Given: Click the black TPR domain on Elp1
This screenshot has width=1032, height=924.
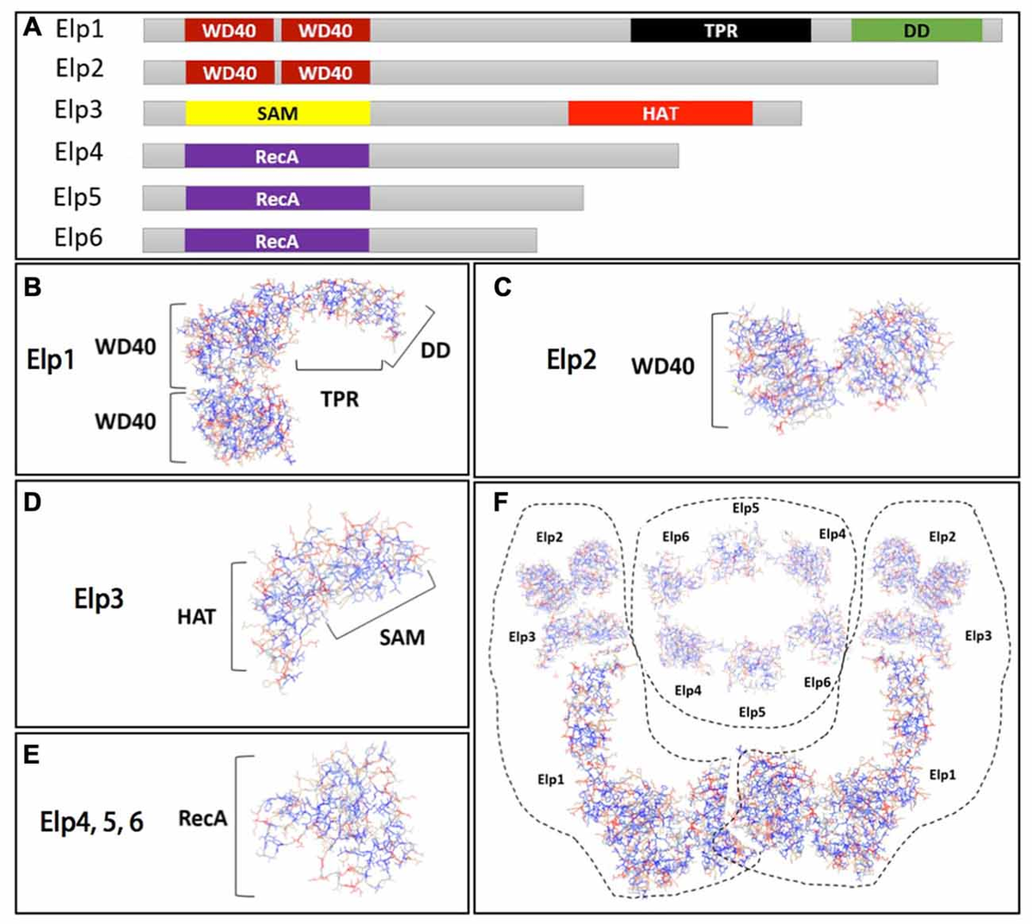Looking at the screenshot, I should tap(720, 30).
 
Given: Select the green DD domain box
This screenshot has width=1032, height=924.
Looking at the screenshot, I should tap(916, 30).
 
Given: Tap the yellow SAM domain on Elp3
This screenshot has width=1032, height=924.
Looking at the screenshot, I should tap(277, 113).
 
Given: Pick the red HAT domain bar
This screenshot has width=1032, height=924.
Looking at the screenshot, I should tap(660, 113).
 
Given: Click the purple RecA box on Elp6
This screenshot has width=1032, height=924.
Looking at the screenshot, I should tap(277, 241).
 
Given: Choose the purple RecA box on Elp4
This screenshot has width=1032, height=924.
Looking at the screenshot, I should tap(277, 156).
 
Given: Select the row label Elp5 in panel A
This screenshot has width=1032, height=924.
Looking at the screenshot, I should tap(77, 197).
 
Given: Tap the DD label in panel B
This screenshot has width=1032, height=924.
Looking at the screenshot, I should tap(435, 350).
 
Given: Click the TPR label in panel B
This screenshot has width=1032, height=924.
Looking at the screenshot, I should tap(340, 399).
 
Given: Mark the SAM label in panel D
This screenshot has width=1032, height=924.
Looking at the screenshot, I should tap(402, 638).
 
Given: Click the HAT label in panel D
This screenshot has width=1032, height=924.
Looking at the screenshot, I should tap(196, 616).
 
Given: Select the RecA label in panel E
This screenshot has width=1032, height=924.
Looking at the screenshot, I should tap(202, 818).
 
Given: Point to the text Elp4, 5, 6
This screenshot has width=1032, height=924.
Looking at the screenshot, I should tap(92, 822).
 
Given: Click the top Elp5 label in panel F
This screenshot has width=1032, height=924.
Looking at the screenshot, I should tap(745, 508).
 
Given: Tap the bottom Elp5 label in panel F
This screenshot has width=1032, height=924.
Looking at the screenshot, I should tap(752, 712).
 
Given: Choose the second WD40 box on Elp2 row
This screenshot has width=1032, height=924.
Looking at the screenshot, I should tap(325, 72).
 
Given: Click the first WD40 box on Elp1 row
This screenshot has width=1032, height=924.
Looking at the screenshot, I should tap(229, 30).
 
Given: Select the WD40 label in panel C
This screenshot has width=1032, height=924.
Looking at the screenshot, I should tap(662, 366).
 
